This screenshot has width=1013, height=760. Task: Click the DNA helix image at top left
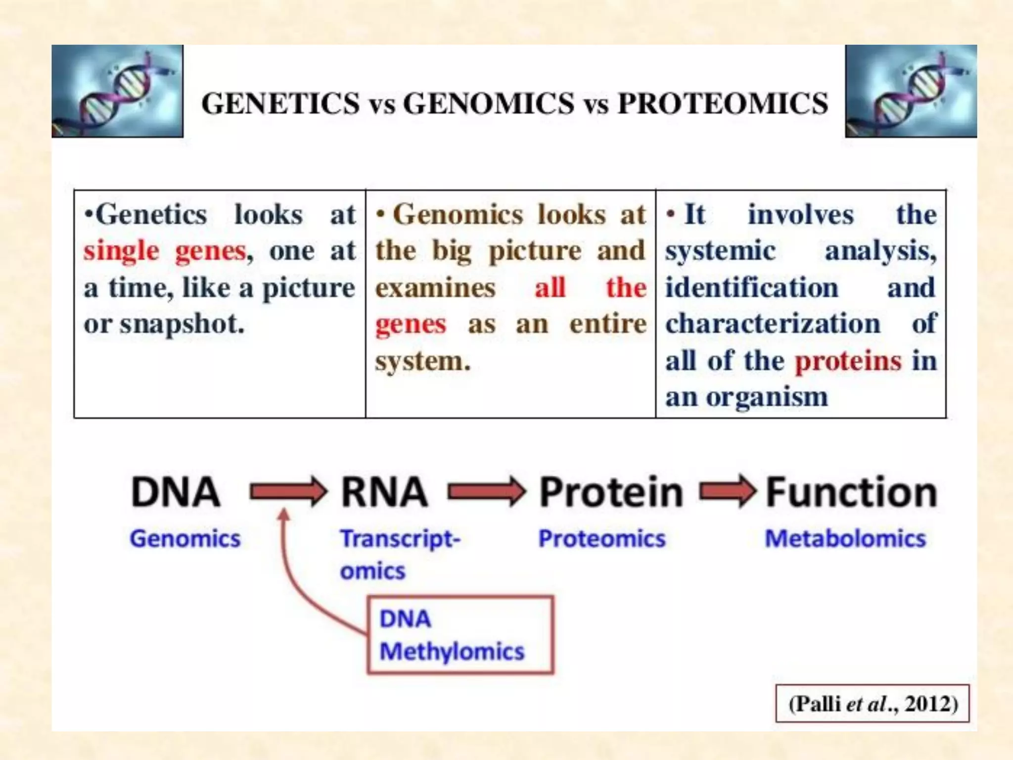click(x=117, y=91)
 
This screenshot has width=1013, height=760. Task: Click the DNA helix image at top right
click(x=911, y=91)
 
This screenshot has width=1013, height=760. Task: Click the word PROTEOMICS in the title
click(x=723, y=104)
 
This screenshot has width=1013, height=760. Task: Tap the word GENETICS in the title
click(x=280, y=104)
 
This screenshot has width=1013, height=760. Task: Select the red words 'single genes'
click(x=165, y=251)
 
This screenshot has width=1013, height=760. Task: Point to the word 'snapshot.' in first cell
click(x=182, y=325)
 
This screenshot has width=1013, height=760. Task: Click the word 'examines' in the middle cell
click(x=435, y=288)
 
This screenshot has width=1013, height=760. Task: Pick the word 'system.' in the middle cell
click(x=422, y=361)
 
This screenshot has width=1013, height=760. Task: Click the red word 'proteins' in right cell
click(x=848, y=361)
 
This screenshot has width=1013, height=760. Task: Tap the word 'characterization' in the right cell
click(x=773, y=325)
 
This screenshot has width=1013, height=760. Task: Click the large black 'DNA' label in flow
click(x=176, y=492)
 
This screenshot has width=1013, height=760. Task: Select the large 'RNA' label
click(x=384, y=492)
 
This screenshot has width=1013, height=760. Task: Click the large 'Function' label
click(x=851, y=492)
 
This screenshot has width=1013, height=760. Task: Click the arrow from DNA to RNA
click(x=288, y=492)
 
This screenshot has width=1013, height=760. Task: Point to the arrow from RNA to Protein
click(x=486, y=492)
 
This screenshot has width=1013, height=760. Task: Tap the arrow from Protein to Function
click(x=728, y=491)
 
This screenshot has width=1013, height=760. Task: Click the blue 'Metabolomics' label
click(x=845, y=538)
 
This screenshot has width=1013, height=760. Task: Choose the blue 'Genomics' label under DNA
click(x=185, y=538)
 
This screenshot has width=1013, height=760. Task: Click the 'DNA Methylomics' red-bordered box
click(x=460, y=635)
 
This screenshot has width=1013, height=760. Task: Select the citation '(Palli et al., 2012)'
click(x=873, y=704)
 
